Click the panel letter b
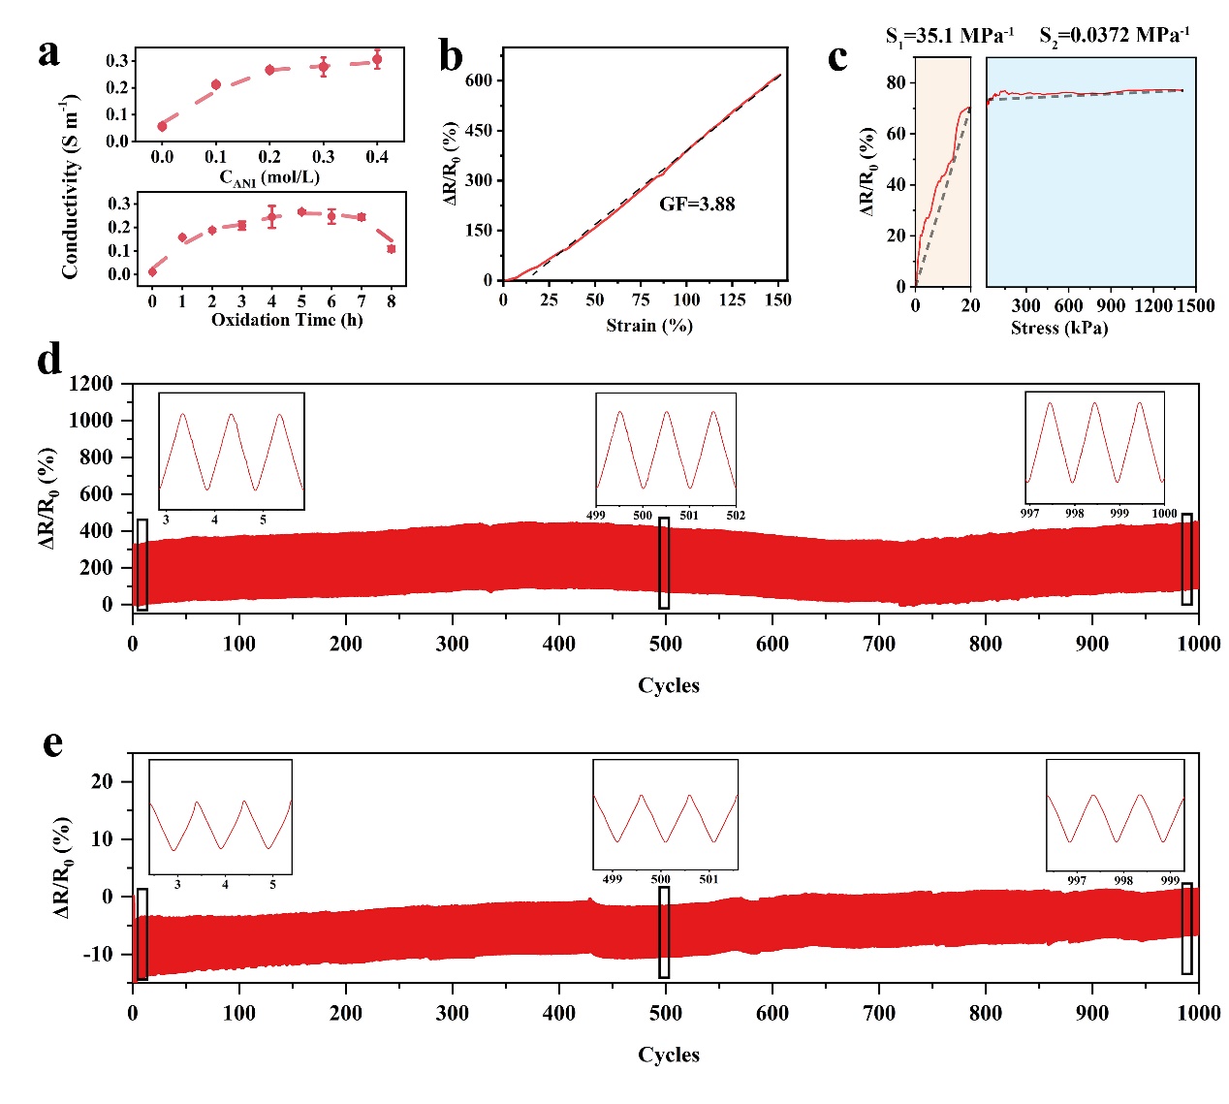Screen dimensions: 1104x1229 451,56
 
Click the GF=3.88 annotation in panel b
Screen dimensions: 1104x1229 697,205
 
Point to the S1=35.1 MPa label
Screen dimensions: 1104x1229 949,36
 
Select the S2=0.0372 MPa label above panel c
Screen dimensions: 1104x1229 1115,36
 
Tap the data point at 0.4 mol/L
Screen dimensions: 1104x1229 377,60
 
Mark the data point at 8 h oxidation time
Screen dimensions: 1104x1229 392,249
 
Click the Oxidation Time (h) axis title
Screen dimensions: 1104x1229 287,320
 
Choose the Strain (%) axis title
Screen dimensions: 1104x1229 649,326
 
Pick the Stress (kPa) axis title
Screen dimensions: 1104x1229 1058,328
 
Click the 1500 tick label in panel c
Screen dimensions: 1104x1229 1195,306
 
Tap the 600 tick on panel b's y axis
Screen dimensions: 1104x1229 478,80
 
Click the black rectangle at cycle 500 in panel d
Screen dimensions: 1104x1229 664,563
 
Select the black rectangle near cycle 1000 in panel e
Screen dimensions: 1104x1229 1187,929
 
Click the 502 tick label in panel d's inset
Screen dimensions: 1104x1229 736,516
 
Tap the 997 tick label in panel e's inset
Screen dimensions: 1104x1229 1077,881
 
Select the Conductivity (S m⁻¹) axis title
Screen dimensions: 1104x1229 70,187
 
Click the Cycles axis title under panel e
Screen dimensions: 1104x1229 668,1055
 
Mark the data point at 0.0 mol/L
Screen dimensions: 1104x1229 162,126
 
